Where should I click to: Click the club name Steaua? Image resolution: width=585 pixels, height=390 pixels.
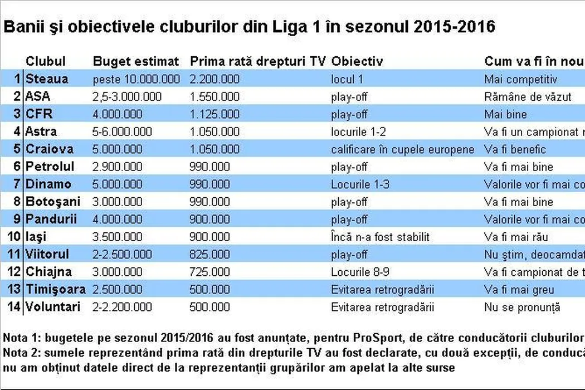pyautogui.click(x=47, y=79)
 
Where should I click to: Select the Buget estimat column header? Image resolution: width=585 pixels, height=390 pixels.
pyautogui.click(x=136, y=61)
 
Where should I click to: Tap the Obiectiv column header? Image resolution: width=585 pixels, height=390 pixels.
pyautogui.click(x=357, y=61)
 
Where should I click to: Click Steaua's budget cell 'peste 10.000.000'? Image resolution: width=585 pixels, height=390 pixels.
pyautogui.click(x=136, y=80)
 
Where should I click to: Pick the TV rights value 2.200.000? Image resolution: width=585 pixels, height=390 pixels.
pyautogui.click(x=214, y=80)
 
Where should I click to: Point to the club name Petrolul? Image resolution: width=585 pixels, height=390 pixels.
pyautogui.click(x=50, y=167)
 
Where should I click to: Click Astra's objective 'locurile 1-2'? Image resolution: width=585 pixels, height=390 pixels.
pyautogui.click(x=358, y=132)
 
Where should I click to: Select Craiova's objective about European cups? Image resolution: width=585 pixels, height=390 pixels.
pyautogui.click(x=402, y=149)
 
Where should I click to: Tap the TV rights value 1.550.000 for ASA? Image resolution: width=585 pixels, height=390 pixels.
pyautogui.click(x=214, y=97)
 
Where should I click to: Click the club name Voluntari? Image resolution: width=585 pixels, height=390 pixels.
pyautogui.click(x=53, y=307)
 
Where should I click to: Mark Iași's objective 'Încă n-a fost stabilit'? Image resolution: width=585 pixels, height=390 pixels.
pyautogui.click(x=380, y=237)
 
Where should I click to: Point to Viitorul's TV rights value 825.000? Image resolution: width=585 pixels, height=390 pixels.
pyautogui.click(x=210, y=255)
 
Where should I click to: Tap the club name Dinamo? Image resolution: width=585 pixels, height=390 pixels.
pyautogui.click(x=48, y=184)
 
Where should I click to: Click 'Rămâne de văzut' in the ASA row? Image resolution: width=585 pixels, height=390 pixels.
pyautogui.click(x=528, y=97)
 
